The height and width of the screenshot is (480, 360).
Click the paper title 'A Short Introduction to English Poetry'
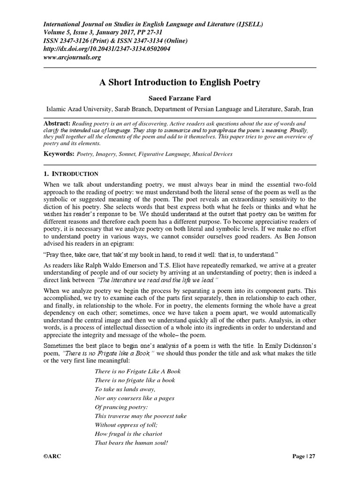coord(180,82)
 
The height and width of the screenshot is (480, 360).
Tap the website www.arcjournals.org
coord(73,57)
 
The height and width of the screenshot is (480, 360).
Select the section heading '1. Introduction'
coord(71,174)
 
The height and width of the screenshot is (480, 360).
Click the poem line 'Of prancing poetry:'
coord(121,407)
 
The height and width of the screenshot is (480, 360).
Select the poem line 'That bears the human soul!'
coord(131,442)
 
